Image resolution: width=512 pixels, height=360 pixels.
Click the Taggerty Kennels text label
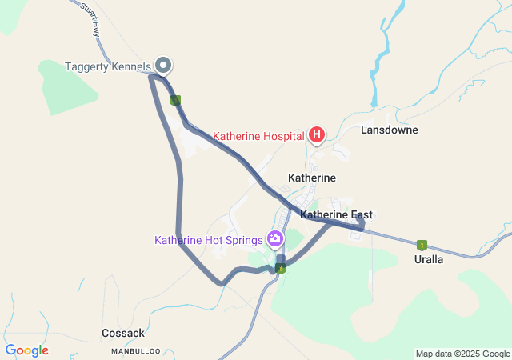107,66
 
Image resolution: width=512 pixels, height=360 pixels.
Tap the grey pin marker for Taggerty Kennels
163,65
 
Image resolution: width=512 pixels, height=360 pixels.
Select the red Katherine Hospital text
258,135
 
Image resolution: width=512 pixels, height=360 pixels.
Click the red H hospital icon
317,134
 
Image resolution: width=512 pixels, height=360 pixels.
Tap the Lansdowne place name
389,130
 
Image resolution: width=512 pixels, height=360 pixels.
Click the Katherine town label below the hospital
311,177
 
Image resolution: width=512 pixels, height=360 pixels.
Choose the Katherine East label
336,215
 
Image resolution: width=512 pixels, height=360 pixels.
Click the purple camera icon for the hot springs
275,238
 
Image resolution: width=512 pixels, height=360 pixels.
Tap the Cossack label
123,333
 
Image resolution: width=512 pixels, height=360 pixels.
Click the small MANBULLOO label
136,350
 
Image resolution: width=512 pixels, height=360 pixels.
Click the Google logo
27,350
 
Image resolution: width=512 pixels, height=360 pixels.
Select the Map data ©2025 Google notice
462,354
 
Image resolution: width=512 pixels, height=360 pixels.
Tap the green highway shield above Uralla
422,245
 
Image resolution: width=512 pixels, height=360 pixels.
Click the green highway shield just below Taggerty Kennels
176,100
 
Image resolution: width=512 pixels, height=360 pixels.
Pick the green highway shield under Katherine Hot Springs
281,268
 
